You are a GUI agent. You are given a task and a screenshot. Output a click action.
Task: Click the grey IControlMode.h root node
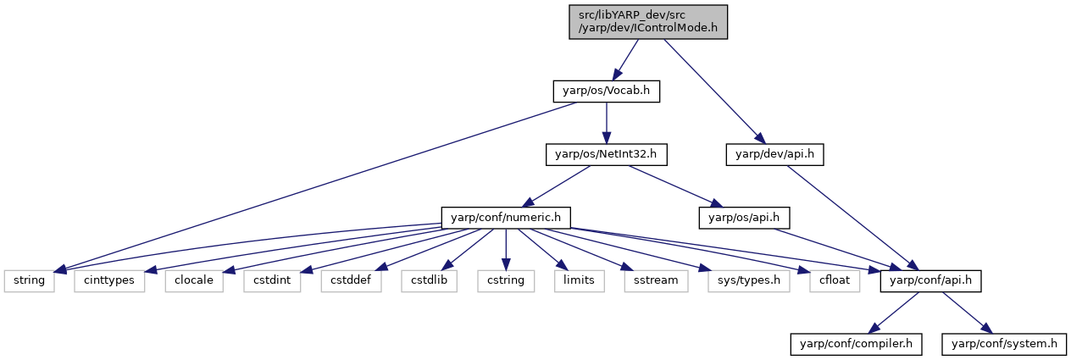pyautogui.click(x=648, y=22)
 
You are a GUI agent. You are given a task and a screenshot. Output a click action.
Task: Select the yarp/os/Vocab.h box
pyautogui.click(x=607, y=91)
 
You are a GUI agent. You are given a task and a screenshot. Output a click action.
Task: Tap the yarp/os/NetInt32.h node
pyautogui.click(x=607, y=154)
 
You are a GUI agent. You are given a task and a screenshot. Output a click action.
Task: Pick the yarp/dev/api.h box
pyautogui.click(x=774, y=154)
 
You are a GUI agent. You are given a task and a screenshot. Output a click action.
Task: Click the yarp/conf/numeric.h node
pyautogui.click(x=506, y=218)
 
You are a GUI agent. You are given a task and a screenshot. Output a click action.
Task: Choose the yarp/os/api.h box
pyautogui.click(x=744, y=218)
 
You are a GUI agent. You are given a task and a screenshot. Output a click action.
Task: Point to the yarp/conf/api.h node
pyautogui.click(x=930, y=281)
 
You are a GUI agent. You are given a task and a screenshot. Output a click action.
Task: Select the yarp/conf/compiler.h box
pyautogui.click(x=856, y=344)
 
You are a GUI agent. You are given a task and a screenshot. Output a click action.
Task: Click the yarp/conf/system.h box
pyautogui.click(x=1004, y=344)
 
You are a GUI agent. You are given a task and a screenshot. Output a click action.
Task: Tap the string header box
pyautogui.click(x=29, y=281)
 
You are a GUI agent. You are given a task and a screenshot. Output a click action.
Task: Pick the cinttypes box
pyautogui.click(x=109, y=281)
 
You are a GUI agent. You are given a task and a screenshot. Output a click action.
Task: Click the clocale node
pyautogui.click(x=194, y=281)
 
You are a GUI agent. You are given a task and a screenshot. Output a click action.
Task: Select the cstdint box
pyautogui.click(x=272, y=281)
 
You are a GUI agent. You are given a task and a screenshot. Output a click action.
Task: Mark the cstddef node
pyautogui.click(x=351, y=281)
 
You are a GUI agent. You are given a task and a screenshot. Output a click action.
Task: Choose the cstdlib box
pyautogui.click(x=429, y=281)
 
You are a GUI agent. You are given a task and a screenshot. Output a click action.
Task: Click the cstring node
pyautogui.click(x=506, y=281)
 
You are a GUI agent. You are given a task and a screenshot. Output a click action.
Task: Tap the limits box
pyautogui.click(x=579, y=281)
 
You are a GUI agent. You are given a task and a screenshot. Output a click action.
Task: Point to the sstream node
pyautogui.click(x=656, y=281)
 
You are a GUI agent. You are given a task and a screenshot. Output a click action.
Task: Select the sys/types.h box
pyautogui.click(x=749, y=281)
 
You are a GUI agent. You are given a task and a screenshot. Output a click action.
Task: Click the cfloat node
pyautogui.click(x=835, y=281)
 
